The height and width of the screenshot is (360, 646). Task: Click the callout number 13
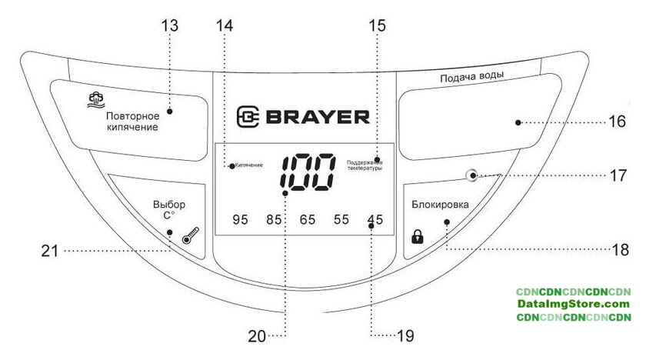click(x=169, y=25)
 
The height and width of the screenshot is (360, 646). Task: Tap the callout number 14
click(x=223, y=25)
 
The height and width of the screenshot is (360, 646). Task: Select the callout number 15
click(x=376, y=25)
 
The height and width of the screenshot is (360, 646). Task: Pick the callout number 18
click(x=620, y=249)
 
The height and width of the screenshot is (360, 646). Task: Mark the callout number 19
click(x=404, y=335)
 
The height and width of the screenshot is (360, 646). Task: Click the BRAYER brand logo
click(x=303, y=116)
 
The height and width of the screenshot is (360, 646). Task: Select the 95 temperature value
click(x=241, y=220)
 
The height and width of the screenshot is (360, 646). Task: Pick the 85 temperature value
click(x=275, y=220)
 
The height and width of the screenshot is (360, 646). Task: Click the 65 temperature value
click(x=308, y=220)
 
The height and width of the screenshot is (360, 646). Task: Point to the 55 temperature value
click(x=341, y=220)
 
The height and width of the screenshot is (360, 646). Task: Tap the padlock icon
click(x=418, y=236)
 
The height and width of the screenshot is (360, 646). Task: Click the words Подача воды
click(x=472, y=78)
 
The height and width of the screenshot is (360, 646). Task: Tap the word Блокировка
click(x=440, y=205)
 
